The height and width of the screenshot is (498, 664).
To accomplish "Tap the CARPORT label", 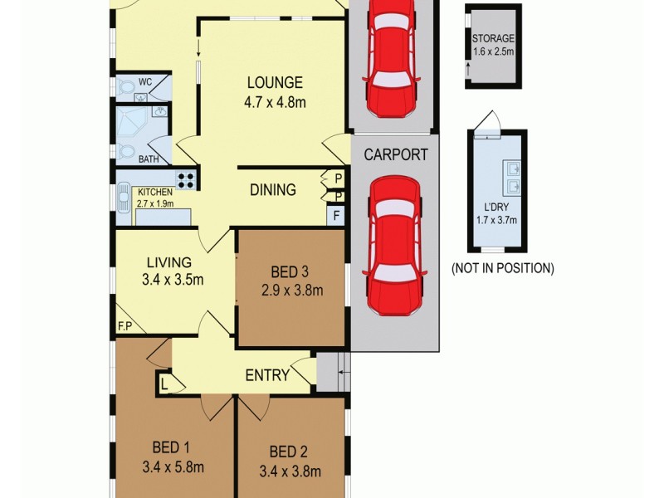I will [396, 154].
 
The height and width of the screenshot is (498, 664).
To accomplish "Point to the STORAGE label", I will [493, 39].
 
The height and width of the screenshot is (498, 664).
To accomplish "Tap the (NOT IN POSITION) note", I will [502, 268].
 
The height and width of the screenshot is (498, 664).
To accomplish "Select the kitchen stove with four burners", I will [186, 178].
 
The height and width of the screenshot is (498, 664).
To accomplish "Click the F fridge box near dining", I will [335, 215].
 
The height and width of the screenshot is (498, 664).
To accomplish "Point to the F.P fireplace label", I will [126, 326].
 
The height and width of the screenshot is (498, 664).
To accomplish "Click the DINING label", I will [272, 190].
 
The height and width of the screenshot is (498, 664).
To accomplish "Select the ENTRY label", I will [267, 375].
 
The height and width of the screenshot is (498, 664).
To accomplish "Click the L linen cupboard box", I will [164, 383].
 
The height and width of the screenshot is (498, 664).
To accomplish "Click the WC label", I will [145, 81].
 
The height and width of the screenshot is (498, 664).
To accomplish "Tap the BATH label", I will [149, 159].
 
